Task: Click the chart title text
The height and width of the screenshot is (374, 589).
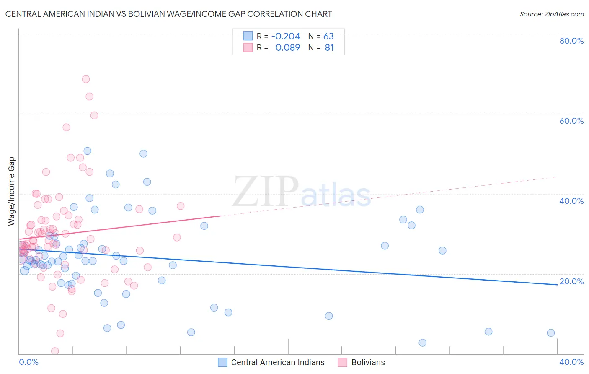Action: pos(168,14)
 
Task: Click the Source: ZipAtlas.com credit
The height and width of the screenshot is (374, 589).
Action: pos(551,14)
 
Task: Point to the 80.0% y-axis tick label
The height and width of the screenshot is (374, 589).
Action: pos(571,41)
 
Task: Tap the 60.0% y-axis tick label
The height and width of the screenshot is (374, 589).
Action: pos(571,121)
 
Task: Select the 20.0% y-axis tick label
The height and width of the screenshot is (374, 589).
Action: pos(571,281)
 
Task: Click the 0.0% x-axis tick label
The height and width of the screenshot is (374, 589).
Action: pos(28,362)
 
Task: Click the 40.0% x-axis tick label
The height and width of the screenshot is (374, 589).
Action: pos(571,362)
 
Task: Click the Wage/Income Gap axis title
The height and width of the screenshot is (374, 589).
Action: pos(12,191)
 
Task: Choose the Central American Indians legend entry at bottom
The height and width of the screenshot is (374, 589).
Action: pos(271,362)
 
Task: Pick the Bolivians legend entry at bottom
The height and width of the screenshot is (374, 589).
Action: pos(362,362)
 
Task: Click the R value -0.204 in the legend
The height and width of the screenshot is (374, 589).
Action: pos(286,36)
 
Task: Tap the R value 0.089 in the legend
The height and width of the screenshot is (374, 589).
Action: pos(287,48)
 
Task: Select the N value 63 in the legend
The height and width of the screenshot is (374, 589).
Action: pos(328,36)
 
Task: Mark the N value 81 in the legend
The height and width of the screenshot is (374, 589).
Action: pos(329,48)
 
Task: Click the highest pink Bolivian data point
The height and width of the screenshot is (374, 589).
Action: pos(86,79)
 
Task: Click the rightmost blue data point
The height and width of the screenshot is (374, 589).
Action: pos(551,333)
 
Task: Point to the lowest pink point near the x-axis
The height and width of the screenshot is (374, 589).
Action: pos(55,351)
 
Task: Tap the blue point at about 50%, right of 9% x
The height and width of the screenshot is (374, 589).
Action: pos(143,153)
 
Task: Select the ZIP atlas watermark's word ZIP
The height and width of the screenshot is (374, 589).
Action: pos(266,192)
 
